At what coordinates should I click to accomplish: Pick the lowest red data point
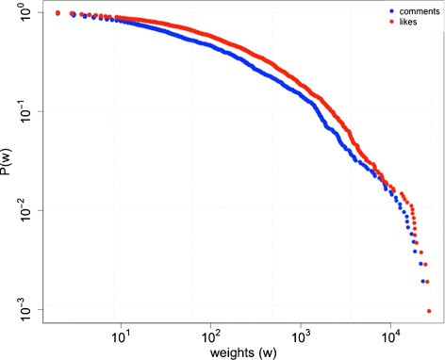pyautogui.click(x=429, y=311)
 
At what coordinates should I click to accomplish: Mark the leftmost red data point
pyautogui.click(x=58, y=13)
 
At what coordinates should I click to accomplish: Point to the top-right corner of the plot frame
pyautogui.click(x=442, y=2)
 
